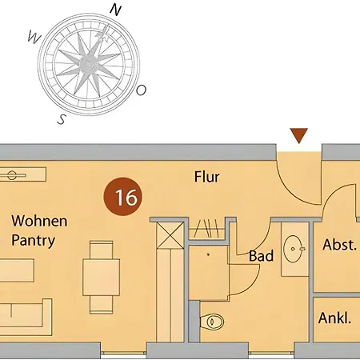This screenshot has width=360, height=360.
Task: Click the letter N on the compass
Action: (116, 10)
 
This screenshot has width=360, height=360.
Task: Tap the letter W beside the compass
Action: (34, 37)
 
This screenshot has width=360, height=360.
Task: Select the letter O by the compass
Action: (141, 90)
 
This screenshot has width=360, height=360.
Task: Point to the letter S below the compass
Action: (62, 119)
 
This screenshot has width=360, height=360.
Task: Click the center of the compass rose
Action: (88, 64)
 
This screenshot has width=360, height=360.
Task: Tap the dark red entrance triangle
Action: (299, 135)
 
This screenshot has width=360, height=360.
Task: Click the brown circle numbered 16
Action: (123, 197)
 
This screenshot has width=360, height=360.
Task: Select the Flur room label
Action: (207, 177)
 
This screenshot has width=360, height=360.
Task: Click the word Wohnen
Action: (39, 221)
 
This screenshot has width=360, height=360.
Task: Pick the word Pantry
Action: (34, 241)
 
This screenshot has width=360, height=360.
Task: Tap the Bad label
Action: (261, 256)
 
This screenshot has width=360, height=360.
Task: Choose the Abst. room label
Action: (339, 245)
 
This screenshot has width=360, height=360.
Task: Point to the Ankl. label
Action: (334, 318)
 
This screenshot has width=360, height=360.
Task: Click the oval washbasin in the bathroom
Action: (293, 249)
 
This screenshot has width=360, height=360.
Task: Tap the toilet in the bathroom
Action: (212, 322)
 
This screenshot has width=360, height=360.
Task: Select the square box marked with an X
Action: (170, 235)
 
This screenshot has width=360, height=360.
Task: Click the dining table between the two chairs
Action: (101, 277)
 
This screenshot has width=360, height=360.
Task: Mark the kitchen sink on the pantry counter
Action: (12, 175)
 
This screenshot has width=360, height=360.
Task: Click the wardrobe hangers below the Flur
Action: (207, 229)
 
